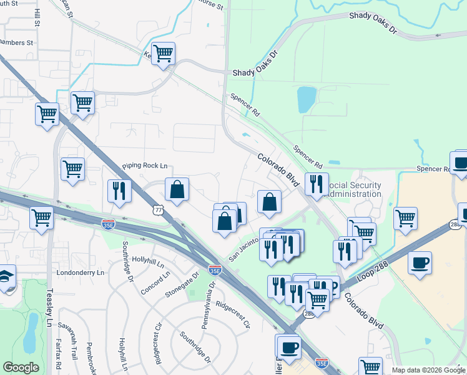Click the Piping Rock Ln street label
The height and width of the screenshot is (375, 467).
click(x=145, y=166)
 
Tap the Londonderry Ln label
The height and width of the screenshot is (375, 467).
click(x=79, y=272)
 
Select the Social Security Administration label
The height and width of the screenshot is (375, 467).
click(x=354, y=189)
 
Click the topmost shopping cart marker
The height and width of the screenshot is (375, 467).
click(x=163, y=54)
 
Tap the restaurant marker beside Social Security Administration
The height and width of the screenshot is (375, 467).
click(x=317, y=184)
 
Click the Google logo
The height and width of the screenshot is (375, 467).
click(x=21, y=367)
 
